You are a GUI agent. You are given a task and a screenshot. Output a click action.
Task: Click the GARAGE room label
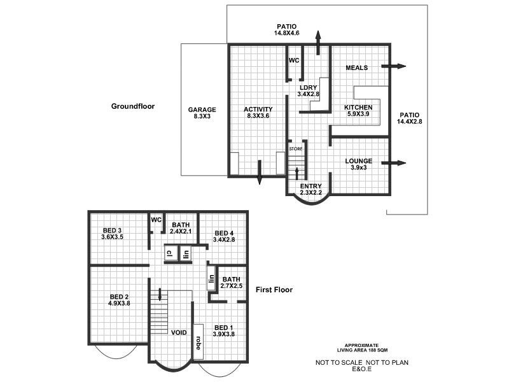click(x=202, y=113)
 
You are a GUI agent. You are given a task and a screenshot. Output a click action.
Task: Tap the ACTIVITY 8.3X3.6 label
click(x=258, y=113)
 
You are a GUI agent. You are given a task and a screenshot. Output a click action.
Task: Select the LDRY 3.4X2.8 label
click(x=308, y=91)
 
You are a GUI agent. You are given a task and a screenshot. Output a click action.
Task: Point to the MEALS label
click(x=358, y=67)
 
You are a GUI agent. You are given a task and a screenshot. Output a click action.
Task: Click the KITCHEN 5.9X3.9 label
click(x=358, y=111)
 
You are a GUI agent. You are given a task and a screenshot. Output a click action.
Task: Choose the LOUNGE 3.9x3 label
click(x=359, y=164)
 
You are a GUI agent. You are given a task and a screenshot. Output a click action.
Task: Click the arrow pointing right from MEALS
click(x=394, y=66)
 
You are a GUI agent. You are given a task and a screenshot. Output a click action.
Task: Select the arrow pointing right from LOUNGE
click(x=394, y=164)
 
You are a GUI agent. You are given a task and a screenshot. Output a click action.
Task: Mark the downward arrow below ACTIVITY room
click(x=260, y=173)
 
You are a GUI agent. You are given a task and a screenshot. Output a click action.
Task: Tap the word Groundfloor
click(x=132, y=106)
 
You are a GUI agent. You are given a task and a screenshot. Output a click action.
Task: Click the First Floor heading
click(x=274, y=290)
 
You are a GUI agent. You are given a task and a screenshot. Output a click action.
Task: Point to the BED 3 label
click(x=111, y=234)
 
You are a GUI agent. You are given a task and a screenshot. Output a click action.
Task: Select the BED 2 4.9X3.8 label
click(x=120, y=300)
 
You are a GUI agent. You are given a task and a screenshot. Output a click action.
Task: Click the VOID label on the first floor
click(x=179, y=332)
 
